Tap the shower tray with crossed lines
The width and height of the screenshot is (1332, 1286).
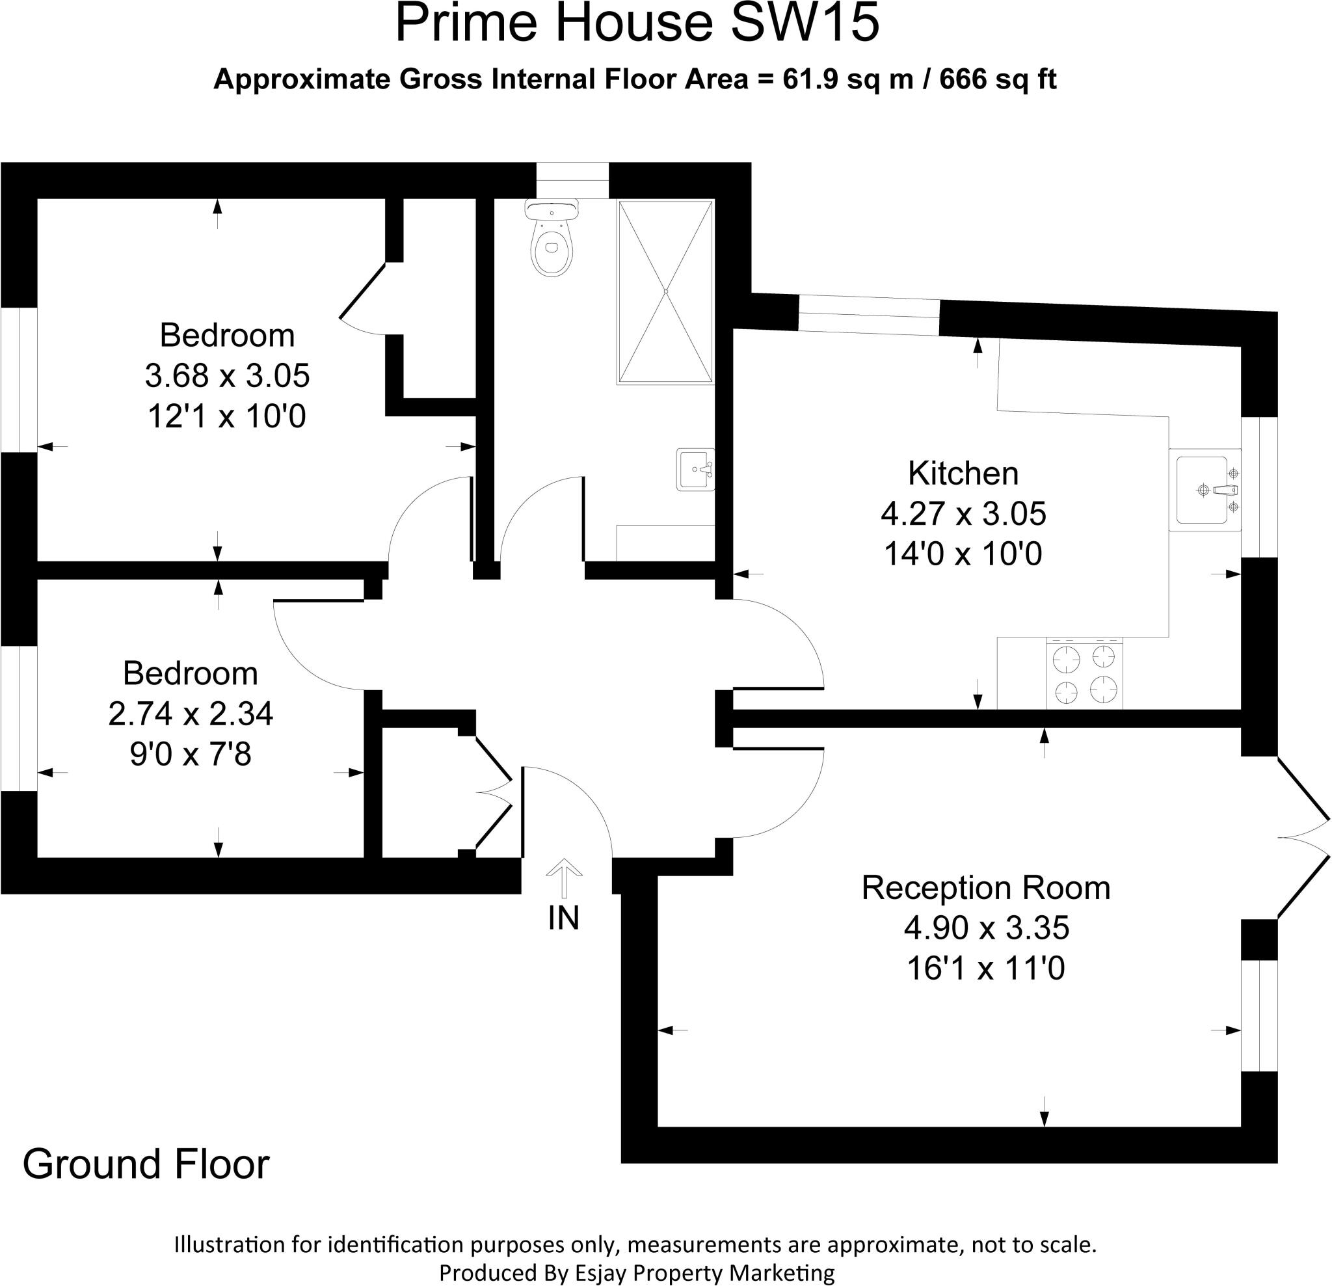pyautogui.click(x=665, y=291)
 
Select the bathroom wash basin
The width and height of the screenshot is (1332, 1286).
pyautogui.click(x=695, y=469)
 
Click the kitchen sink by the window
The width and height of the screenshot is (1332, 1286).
pyautogui.click(x=1205, y=489)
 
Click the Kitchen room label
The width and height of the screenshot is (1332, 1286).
pyautogui.click(x=963, y=474)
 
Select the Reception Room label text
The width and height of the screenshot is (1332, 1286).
pyautogui.click(x=985, y=888)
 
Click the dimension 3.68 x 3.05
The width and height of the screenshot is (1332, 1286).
pyautogui.click(x=227, y=376)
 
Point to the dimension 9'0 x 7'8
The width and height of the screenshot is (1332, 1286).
pyautogui.click(x=191, y=754)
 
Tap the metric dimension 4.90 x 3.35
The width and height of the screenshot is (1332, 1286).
pyautogui.click(x=986, y=928)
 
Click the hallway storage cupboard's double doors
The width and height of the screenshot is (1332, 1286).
pyautogui.click(x=494, y=792)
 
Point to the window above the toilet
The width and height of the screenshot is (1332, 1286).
pyautogui.click(x=572, y=180)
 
